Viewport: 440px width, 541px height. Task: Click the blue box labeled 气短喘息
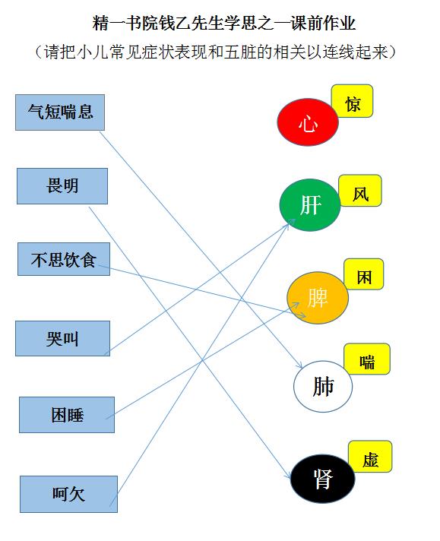point(60,112)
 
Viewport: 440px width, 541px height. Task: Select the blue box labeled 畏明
point(62,186)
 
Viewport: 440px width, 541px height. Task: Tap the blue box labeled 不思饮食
point(64,259)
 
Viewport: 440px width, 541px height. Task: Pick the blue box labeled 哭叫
point(62,338)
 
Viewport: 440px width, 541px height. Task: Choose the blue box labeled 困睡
point(67,415)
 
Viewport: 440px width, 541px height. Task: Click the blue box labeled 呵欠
point(68,494)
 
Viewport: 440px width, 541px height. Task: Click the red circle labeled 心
point(308,122)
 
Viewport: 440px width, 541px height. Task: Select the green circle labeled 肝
point(310,205)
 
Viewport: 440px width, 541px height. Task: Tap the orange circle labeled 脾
point(318,298)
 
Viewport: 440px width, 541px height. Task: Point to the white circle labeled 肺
point(323,387)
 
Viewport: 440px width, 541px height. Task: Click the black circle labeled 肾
point(323,479)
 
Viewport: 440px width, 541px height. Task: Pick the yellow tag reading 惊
point(353,101)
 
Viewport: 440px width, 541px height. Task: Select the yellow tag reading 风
point(360,191)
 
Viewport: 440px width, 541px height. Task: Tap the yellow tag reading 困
point(364,274)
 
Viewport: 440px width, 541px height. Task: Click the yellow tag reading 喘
point(367,359)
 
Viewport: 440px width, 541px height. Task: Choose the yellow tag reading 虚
point(370,457)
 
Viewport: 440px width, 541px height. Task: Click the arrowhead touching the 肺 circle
point(299,365)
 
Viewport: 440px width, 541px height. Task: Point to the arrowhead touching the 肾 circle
point(287,474)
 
